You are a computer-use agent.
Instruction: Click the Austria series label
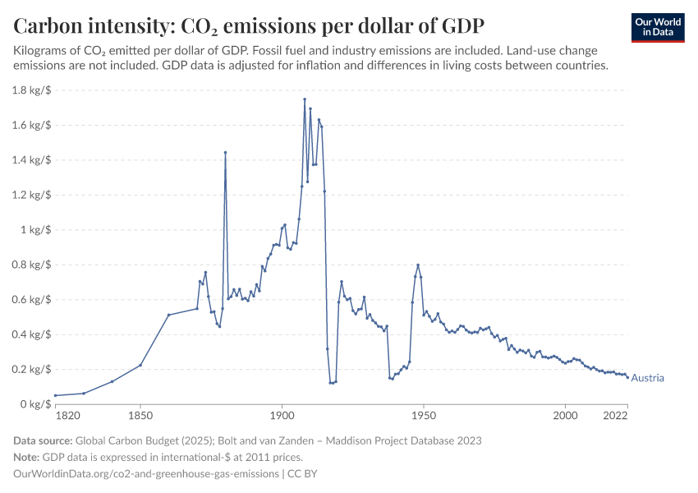[647, 378]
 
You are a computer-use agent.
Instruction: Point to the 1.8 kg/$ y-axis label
[31, 90]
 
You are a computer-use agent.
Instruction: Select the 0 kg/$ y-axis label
[36, 404]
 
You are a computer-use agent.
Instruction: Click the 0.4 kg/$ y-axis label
[31, 334]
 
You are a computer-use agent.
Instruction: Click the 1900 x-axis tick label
[282, 417]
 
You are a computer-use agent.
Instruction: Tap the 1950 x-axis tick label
[424, 417]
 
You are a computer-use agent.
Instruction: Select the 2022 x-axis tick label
[615, 417]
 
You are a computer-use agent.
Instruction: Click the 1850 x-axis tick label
[140, 417]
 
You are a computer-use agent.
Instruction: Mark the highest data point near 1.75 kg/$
[305, 99]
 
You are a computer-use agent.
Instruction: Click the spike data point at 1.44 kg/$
[225, 152]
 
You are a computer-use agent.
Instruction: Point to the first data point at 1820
[55, 395]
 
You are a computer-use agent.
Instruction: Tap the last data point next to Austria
[628, 378]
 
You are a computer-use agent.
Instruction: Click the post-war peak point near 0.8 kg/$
[418, 265]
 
